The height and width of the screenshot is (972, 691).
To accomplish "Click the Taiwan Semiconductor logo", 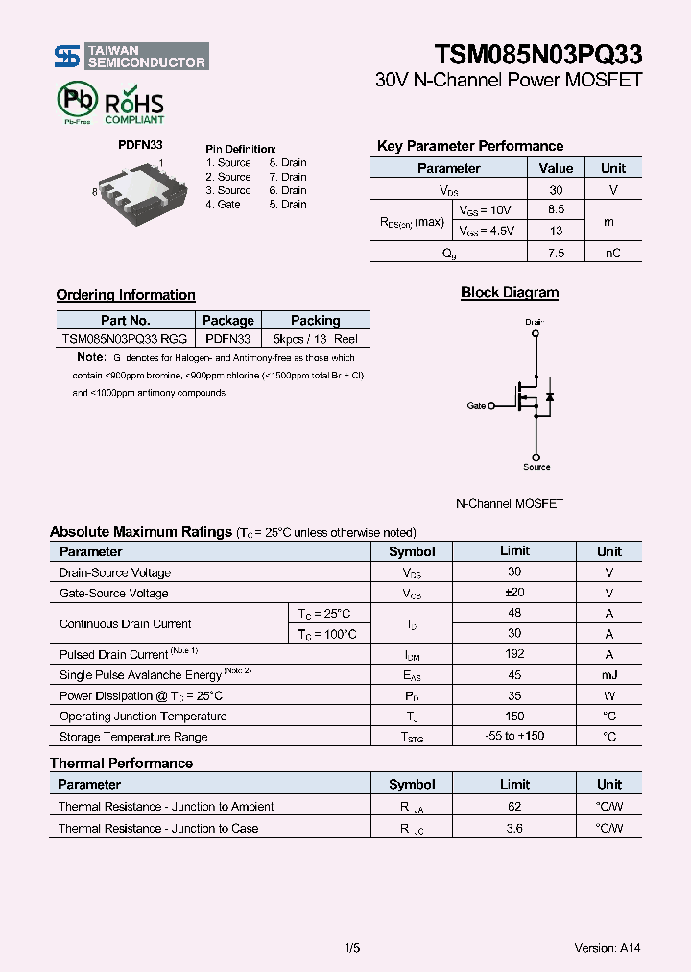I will (131, 57).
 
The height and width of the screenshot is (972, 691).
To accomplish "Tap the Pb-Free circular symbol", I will (77, 100).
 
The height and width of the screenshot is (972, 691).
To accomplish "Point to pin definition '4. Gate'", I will (223, 205).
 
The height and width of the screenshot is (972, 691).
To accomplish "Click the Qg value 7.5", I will (556, 253).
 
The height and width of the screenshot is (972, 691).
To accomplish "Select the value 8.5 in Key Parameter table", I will (556, 209).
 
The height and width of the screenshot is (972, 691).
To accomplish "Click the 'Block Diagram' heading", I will (510, 293).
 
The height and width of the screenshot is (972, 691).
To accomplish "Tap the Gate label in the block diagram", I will (476, 406).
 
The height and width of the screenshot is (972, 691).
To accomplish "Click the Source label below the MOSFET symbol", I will (536, 467).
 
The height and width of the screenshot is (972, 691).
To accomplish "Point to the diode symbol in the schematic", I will (549, 396).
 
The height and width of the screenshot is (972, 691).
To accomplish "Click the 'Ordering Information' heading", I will (126, 295).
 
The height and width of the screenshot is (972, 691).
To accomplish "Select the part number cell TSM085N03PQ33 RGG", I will (125, 339).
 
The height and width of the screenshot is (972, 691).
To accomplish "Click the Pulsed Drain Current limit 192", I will (514, 654).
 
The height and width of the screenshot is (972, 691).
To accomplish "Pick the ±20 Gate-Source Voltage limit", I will (514, 593).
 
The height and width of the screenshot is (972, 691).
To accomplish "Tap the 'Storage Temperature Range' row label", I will (133, 737).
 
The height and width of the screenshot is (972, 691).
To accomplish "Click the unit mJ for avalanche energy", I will (608, 675).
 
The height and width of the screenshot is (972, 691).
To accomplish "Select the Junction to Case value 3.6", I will (514, 828).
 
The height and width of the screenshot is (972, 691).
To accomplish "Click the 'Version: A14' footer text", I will (607, 948).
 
